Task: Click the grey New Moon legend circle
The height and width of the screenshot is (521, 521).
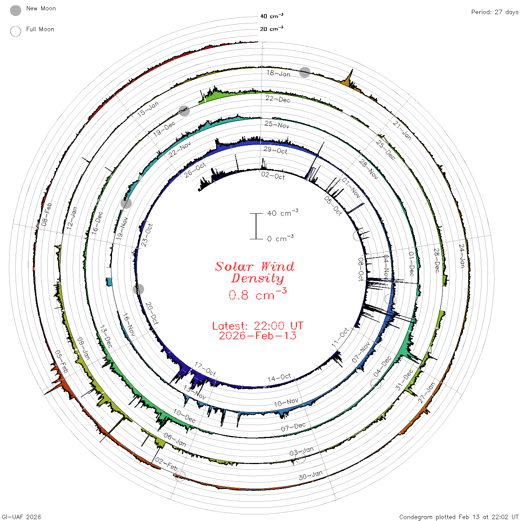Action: coord(16,10)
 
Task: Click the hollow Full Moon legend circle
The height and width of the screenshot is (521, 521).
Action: coord(16,31)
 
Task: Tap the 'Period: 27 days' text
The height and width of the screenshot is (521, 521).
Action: coord(495,12)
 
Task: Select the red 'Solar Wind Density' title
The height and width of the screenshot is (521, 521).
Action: coord(255,272)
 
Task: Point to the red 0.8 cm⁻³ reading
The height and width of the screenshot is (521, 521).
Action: coord(258,294)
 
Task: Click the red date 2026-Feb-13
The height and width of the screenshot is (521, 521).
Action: coord(258,336)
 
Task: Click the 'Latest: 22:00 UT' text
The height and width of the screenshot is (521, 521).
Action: coord(258,326)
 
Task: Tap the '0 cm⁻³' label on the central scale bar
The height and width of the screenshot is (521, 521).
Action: coord(280,239)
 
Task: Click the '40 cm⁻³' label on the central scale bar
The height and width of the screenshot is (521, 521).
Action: coord(282,213)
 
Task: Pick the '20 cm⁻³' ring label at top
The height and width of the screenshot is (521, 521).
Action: coord(271,28)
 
